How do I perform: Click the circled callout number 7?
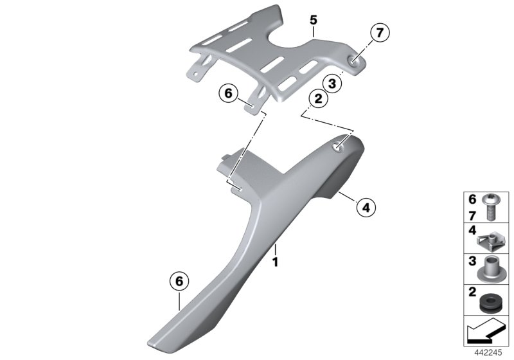[x=380, y=33]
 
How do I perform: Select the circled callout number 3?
[x=332, y=84]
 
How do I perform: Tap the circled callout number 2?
[x=318, y=99]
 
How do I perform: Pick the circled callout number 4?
[x=366, y=207]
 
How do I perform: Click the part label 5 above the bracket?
[x=314, y=21]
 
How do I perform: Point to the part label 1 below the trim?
[x=276, y=262]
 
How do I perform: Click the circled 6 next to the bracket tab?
[x=228, y=93]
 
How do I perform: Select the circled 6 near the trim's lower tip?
[x=179, y=282]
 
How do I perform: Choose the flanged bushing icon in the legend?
[x=488, y=269]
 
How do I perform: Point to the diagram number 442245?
[x=488, y=353]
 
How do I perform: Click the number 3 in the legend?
[x=472, y=261]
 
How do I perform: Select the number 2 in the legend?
[x=472, y=292]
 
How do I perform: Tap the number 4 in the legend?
[x=472, y=231]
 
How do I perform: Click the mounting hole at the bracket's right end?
[x=353, y=60]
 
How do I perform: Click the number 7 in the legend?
[x=472, y=216]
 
